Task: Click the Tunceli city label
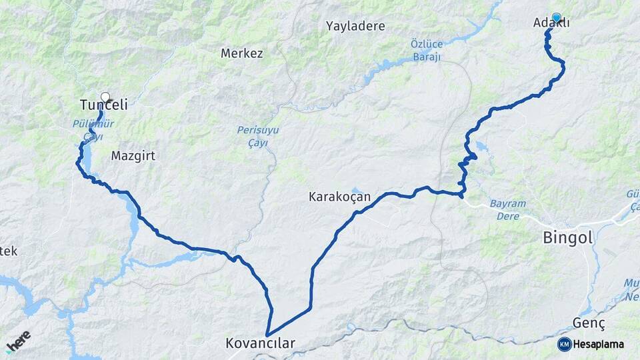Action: tap(103, 105)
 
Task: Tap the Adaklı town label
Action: tap(551, 23)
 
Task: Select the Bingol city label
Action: tap(568, 237)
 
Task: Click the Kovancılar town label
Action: tap(260, 344)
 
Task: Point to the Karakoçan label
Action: tap(339, 197)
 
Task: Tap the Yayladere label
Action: tap(355, 27)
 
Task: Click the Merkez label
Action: tap(241, 53)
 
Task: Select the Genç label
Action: tap(589, 323)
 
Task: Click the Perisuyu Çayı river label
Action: tap(253, 137)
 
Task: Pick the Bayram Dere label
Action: tap(508, 210)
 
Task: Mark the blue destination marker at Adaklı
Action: tap(557, 17)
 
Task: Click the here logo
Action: tap(18, 341)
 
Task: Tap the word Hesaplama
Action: tap(599, 345)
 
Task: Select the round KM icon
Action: tap(565, 345)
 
